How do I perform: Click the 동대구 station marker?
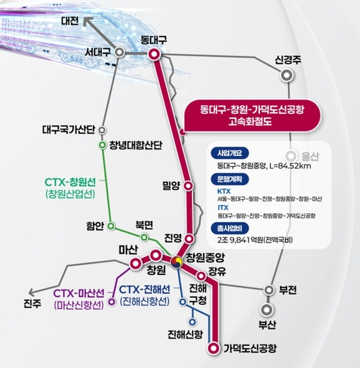point(154,54)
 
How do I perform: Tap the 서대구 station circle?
point(119,53)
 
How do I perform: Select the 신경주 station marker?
point(287,76)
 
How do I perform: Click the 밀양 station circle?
point(188,186)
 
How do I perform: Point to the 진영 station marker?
point(189,239)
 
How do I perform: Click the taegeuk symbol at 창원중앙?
point(176,262)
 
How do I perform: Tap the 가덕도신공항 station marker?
point(213,348)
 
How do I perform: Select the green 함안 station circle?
point(111,226)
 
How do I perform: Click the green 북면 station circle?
point(144,238)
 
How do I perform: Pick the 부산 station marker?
point(266,310)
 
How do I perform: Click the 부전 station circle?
point(269,290)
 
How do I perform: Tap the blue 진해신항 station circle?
point(193,322)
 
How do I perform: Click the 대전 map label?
point(70,21)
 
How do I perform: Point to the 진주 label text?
point(32,304)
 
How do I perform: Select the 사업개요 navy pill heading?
point(230,153)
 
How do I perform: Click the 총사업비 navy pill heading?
point(230,229)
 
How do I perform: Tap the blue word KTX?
point(224,192)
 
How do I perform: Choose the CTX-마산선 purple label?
point(79,294)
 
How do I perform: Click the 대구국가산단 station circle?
point(102,130)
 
